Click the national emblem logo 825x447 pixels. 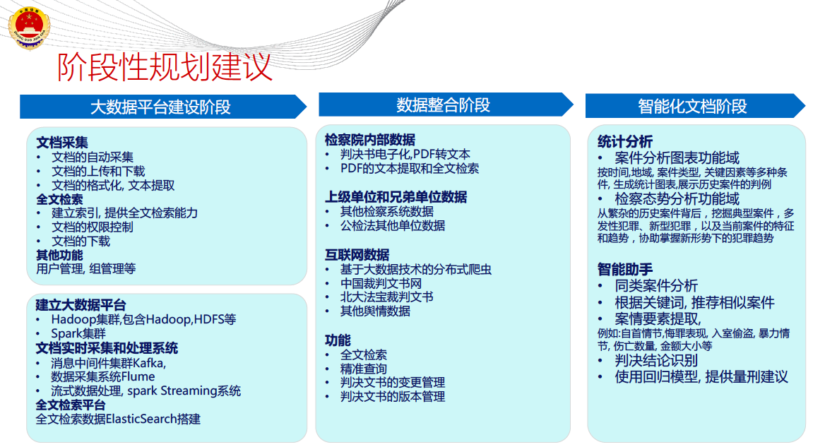(29, 28)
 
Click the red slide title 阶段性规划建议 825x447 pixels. (164, 67)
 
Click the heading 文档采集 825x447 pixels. (62, 143)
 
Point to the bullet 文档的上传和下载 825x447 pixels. (98, 172)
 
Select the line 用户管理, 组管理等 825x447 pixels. (85, 269)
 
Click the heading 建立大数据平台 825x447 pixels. (81, 305)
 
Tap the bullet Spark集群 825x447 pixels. (78, 333)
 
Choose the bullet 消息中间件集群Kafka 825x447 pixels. (108, 363)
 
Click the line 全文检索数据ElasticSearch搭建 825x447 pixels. (118, 419)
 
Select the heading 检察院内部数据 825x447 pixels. (370, 140)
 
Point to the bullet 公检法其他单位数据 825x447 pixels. (393, 225)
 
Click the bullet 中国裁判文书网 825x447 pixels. (381, 283)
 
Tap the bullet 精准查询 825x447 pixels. (364, 369)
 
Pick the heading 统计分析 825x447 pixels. (625, 141)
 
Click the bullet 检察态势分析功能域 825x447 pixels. (677, 198)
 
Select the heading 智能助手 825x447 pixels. (625, 270)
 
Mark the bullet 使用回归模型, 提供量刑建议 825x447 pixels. (701, 377)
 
